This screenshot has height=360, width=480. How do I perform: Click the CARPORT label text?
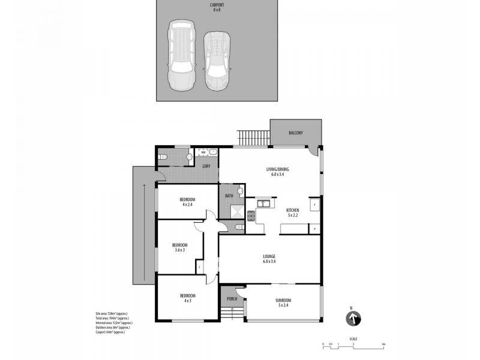click(x=217, y=5)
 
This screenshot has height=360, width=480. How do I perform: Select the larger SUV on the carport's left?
click(x=180, y=55)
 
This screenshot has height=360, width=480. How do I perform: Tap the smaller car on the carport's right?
click(x=216, y=60)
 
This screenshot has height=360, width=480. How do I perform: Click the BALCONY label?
click(x=295, y=133)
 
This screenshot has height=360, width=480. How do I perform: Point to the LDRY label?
click(x=206, y=166)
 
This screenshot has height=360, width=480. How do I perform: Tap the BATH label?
click(x=229, y=196)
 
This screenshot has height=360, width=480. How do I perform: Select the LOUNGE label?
click(x=269, y=256)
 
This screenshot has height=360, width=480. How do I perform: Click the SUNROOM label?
click(x=283, y=299)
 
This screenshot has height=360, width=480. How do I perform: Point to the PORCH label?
click(x=232, y=299)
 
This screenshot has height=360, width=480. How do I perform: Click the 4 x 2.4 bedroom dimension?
click(x=187, y=205)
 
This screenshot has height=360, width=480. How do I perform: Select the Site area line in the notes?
click(x=111, y=314)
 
